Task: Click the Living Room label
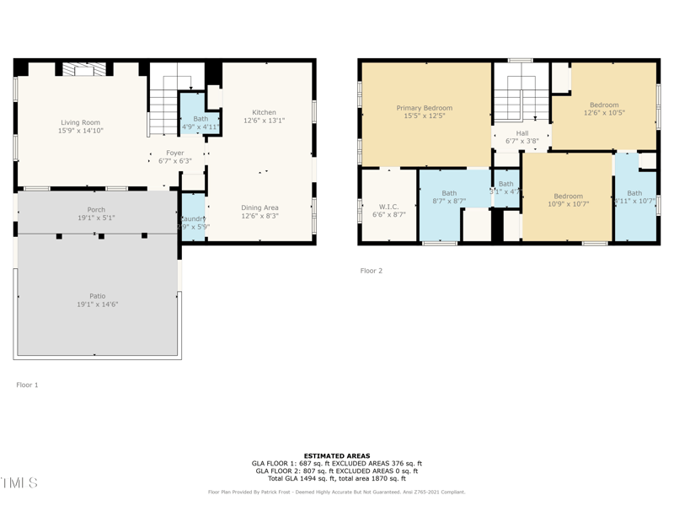(80, 126)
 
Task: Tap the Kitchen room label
(264, 116)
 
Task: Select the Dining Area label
(260, 212)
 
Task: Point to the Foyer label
(174, 157)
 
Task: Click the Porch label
(96, 213)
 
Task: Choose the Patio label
(98, 299)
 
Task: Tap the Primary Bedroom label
(425, 112)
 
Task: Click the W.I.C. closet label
(388, 211)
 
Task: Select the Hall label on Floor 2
(522, 137)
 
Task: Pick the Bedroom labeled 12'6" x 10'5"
(604, 109)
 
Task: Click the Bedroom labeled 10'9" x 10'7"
(568, 200)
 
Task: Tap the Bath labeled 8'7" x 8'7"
(449, 197)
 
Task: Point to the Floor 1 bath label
(201, 123)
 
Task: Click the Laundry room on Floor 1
(193, 223)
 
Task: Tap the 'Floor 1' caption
(27, 385)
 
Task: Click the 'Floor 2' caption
(372, 271)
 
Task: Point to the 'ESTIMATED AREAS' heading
(337, 455)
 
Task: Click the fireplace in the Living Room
(84, 70)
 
